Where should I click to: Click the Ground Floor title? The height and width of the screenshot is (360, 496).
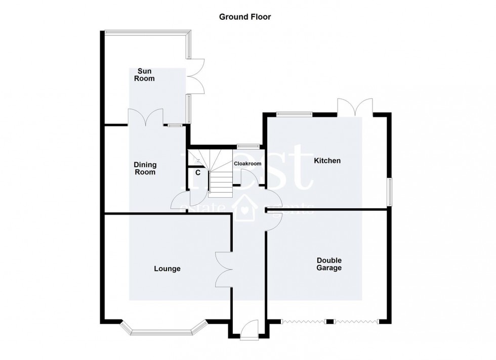pos(244,17)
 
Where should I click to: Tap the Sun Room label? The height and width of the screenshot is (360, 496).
pos(143,75)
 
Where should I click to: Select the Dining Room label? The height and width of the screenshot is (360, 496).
pos(145,168)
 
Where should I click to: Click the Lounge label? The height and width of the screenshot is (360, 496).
pos(167,268)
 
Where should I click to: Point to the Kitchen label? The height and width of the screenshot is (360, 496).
pos(327,161)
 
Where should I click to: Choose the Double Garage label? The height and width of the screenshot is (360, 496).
pos(329,264)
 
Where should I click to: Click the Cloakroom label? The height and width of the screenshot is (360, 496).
pos(247,164)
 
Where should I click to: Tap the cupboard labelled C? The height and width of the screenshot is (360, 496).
pos(198,172)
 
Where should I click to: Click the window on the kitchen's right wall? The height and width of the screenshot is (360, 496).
pos(390,192)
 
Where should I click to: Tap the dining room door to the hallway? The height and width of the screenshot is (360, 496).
pos(181,200)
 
